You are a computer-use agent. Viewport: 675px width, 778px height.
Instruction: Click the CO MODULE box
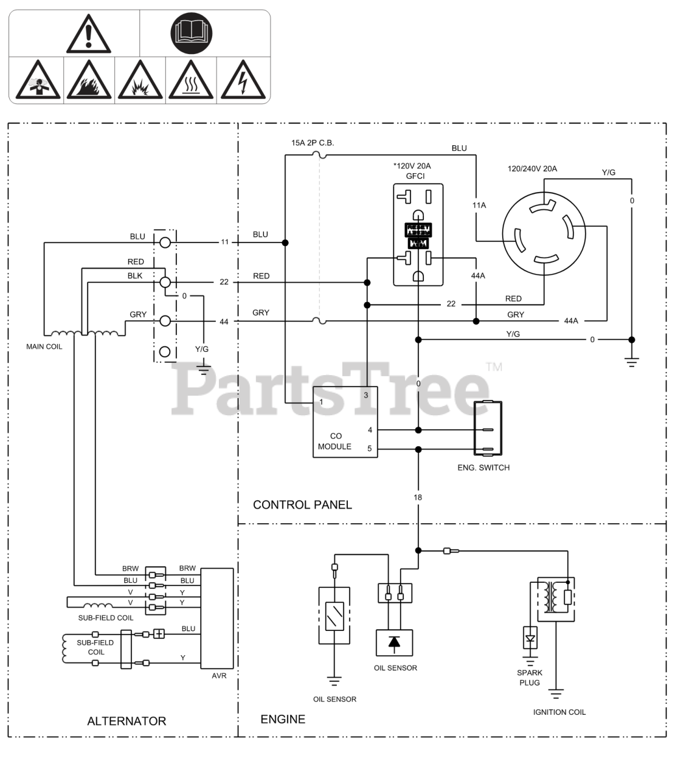[345, 422]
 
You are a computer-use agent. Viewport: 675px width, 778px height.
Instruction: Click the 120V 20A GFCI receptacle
[418, 235]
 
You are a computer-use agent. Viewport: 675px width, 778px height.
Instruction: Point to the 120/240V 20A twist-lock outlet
[544, 234]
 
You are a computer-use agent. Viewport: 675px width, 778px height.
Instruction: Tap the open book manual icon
[192, 33]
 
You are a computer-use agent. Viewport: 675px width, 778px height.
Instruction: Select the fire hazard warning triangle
[88, 80]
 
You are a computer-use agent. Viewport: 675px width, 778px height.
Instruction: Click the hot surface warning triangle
[192, 80]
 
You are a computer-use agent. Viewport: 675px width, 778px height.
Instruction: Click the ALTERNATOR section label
[126, 721]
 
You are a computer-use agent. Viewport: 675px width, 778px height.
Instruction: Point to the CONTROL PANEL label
[302, 504]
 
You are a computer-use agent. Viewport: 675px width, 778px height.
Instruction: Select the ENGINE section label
[283, 720]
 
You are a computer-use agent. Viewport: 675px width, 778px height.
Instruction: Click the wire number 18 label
[418, 497]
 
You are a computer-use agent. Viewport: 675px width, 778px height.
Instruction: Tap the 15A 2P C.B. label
[313, 143]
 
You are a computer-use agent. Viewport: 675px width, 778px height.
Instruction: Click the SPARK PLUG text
[530, 678]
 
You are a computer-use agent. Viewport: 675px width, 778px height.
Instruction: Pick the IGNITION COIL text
[559, 712]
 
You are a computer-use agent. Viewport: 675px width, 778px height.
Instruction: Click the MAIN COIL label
[44, 347]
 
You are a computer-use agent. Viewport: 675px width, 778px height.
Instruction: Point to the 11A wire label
[479, 205]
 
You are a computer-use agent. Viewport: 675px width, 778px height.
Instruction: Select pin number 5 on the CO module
[370, 449]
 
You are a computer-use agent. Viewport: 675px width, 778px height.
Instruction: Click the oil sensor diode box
[394, 642]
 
